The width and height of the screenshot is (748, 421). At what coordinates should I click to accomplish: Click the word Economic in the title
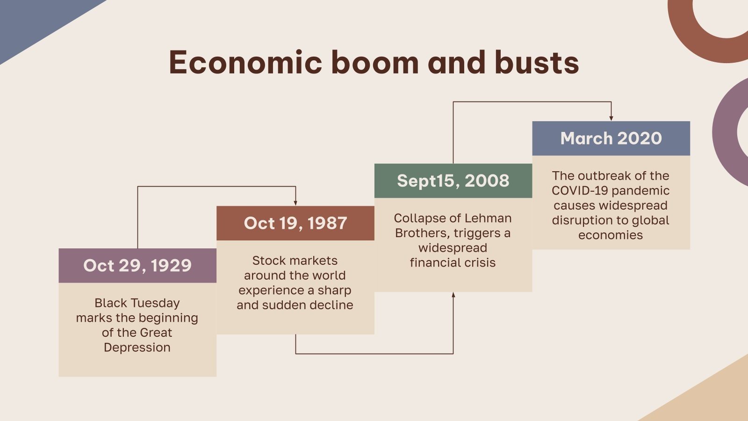click(x=245, y=63)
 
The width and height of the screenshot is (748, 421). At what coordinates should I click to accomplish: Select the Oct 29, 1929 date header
click(x=137, y=266)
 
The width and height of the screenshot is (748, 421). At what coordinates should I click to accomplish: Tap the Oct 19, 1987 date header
click(x=295, y=223)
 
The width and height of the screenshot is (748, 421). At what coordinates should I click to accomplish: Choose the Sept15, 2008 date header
click(x=453, y=181)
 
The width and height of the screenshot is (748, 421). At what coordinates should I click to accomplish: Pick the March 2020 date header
click(x=611, y=138)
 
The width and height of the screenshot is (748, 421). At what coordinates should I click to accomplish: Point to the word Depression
click(x=137, y=348)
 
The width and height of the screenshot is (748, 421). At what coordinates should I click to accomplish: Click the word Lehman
click(x=489, y=218)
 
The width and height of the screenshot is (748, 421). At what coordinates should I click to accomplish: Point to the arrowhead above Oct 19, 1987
click(x=295, y=203)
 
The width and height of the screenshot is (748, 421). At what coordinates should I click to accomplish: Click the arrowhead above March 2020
click(x=611, y=118)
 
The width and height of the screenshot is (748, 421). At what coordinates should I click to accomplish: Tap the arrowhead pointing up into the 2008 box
click(x=453, y=295)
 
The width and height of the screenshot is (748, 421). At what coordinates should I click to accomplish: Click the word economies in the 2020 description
click(x=611, y=235)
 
